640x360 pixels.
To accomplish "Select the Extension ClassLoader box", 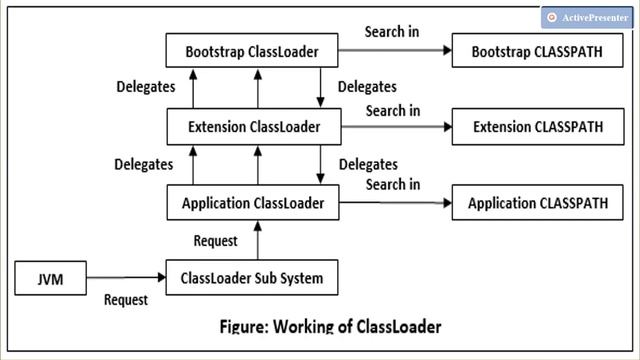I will tap(252, 127).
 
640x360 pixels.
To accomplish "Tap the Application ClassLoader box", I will tap(252, 203).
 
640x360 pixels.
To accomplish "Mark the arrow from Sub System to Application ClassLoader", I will tap(258, 239).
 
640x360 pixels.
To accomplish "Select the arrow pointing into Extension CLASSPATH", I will tap(394, 127).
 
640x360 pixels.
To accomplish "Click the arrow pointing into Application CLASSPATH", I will tap(394, 203).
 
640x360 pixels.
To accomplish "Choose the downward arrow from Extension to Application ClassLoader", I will tap(320, 165).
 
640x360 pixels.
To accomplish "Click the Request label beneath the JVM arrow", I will tap(126, 299).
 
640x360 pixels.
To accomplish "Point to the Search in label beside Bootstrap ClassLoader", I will tap(392, 31).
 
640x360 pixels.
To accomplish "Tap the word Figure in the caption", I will tap(246, 326).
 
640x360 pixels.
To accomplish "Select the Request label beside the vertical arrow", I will tap(214, 240).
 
